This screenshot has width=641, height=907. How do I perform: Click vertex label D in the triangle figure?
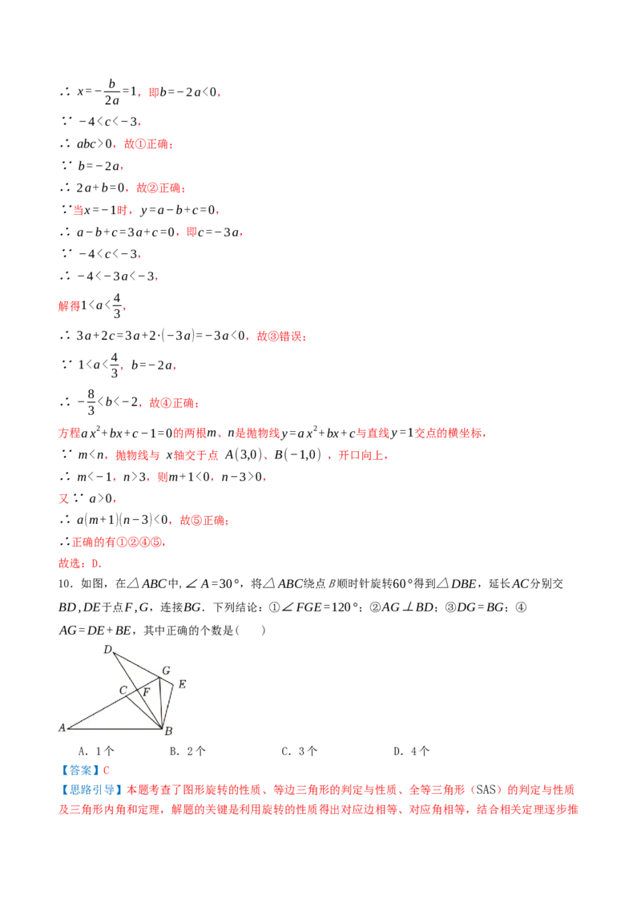(x=107, y=650)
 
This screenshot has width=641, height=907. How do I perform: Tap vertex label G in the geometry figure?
(x=166, y=671)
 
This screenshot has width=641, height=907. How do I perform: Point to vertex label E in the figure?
(x=182, y=684)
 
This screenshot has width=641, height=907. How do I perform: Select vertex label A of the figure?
(x=62, y=728)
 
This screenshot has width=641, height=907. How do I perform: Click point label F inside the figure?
(x=147, y=691)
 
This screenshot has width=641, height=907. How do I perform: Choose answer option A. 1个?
(x=96, y=752)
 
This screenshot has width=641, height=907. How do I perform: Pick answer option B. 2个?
(x=187, y=752)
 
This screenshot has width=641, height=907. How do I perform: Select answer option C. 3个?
(x=299, y=752)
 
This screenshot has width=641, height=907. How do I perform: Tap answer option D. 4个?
(x=411, y=752)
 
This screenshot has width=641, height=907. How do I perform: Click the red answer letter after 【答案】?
(x=107, y=771)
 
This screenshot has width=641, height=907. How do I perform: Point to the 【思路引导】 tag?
(x=91, y=790)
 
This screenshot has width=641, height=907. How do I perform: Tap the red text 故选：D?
(x=80, y=563)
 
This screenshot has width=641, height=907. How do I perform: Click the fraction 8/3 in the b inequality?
(x=91, y=402)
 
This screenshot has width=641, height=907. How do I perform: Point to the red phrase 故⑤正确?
(x=203, y=520)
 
